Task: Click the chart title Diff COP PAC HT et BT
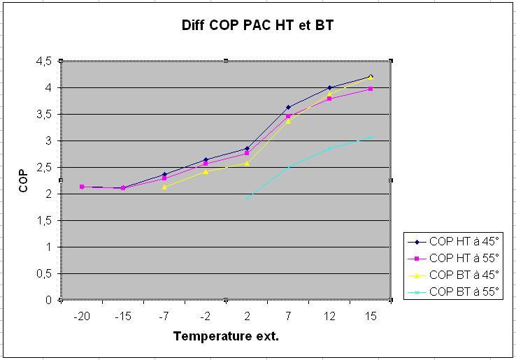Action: (x=258, y=25)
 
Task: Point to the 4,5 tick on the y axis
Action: (x=45, y=62)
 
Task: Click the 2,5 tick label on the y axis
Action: (x=45, y=168)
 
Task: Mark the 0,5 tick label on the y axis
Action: (x=45, y=274)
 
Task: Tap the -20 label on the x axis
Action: (x=82, y=316)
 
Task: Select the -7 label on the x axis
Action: (x=164, y=316)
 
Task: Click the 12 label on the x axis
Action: (x=329, y=316)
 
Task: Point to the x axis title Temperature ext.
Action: (x=226, y=336)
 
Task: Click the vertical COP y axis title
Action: (x=23, y=180)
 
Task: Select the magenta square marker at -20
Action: (x=82, y=187)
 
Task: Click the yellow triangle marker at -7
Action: (x=164, y=187)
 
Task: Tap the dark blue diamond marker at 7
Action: (x=288, y=107)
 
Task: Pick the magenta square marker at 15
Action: (x=371, y=89)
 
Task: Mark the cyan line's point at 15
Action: (x=371, y=137)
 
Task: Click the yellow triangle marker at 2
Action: (x=247, y=163)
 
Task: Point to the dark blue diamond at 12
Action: (x=329, y=87)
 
